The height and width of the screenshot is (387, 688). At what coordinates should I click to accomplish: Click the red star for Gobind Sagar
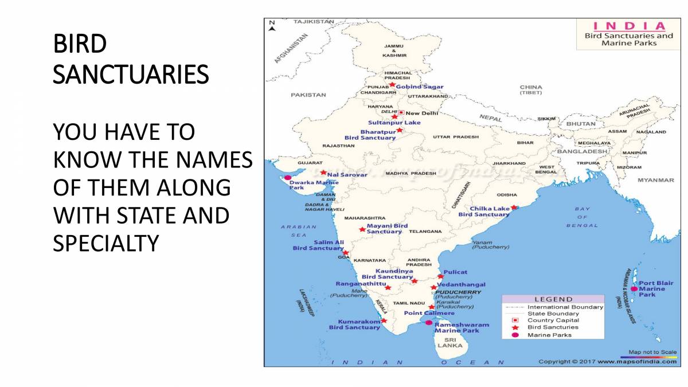tap(392, 84)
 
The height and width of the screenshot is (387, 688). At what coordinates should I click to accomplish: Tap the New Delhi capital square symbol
tap(401, 113)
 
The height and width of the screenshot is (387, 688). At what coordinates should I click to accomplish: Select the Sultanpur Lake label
tap(394, 123)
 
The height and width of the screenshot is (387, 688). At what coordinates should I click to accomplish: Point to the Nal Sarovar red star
tap(323, 172)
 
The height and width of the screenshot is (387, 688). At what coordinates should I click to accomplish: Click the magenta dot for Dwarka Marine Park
tap(288, 178)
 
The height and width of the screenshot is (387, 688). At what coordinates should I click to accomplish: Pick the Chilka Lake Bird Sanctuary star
tap(514, 208)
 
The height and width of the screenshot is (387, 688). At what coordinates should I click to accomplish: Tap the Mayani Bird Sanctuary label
tap(387, 229)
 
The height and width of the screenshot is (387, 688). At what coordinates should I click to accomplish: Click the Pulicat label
tap(455, 272)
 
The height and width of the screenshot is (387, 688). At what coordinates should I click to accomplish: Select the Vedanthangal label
tap(461, 284)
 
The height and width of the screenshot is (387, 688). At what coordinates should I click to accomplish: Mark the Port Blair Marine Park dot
tap(634, 289)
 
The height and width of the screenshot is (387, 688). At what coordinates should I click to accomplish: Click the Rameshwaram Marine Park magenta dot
tap(428, 322)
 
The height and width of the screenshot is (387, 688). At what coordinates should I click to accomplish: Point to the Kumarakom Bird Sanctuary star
tap(384, 320)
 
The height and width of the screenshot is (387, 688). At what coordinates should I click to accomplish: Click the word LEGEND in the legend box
tap(553, 299)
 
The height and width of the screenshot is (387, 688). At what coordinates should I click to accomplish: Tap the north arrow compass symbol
tap(272, 25)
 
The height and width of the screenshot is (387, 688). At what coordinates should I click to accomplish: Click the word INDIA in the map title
tap(629, 26)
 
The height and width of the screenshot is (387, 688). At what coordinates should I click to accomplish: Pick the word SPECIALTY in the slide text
tap(105, 244)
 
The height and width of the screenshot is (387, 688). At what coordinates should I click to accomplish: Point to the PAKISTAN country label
tap(308, 95)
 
